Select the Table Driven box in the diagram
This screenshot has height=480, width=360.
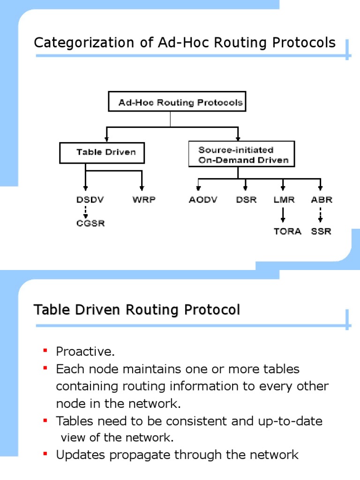[102, 152]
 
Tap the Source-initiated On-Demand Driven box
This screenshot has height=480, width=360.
[241, 155]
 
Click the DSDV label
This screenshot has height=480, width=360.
[90, 200]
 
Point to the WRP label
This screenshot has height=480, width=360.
[143, 200]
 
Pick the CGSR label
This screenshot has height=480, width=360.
[90, 223]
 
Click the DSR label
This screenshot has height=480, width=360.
[246, 200]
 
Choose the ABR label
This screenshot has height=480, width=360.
[322, 200]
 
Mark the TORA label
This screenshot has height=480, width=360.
[287, 231]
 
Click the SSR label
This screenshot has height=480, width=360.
[321, 231]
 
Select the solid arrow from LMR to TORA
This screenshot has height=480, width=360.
[283, 215]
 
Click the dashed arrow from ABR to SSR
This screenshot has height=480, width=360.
[321, 215]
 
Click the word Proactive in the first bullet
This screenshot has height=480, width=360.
[85, 351]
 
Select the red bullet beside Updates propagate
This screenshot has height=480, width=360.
[45, 454]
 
